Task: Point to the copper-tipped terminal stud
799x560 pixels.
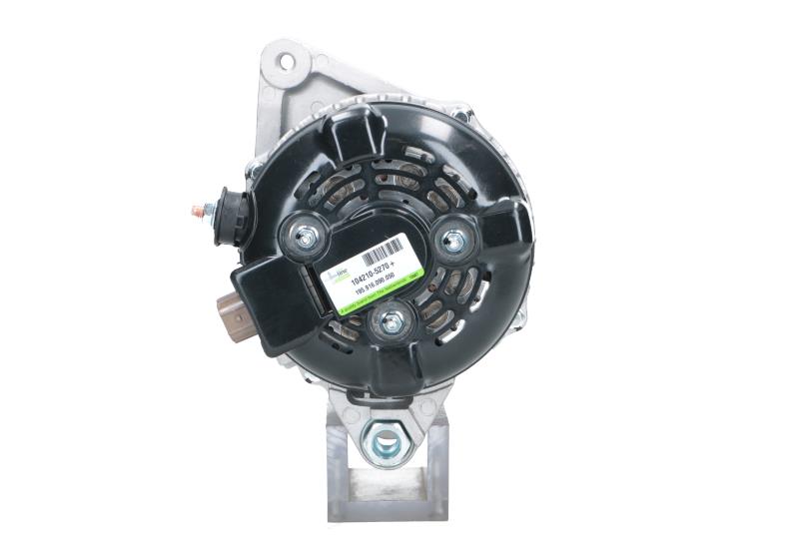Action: (197, 211)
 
